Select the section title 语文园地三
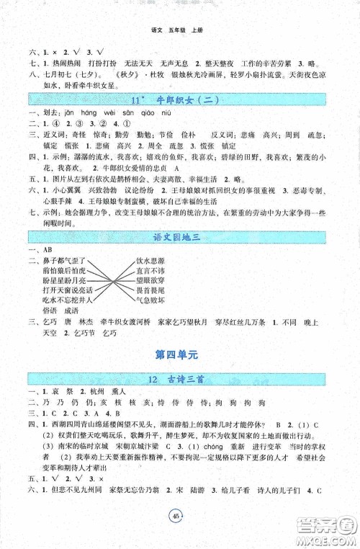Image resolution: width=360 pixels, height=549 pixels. coord(179,236)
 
